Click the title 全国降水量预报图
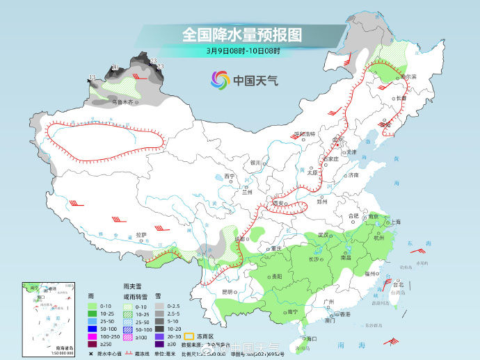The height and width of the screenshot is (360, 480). click(x=241, y=34)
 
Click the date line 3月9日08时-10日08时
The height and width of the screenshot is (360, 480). click(x=243, y=51)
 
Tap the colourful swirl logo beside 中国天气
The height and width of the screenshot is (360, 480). click(x=220, y=80)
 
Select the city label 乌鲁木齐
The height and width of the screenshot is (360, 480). click(x=122, y=103)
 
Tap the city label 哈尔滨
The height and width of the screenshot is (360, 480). click(x=406, y=76)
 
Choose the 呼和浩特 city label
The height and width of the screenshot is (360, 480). click(x=304, y=133)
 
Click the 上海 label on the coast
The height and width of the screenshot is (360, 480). click(x=395, y=222)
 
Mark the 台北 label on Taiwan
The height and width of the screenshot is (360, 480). click(x=398, y=285)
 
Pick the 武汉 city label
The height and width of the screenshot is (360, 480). click(x=322, y=235)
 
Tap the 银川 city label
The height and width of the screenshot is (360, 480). click(x=254, y=163)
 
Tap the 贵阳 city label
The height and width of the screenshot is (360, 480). click(x=276, y=276)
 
